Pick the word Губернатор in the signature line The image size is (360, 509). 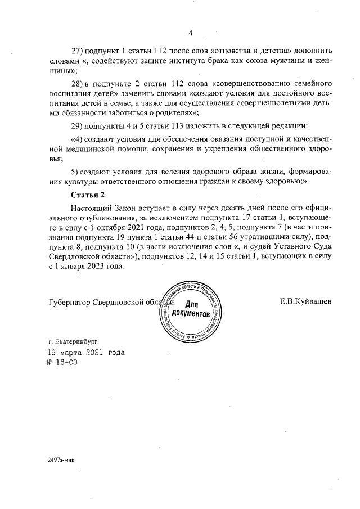pyautogui.click(x=70, y=301)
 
